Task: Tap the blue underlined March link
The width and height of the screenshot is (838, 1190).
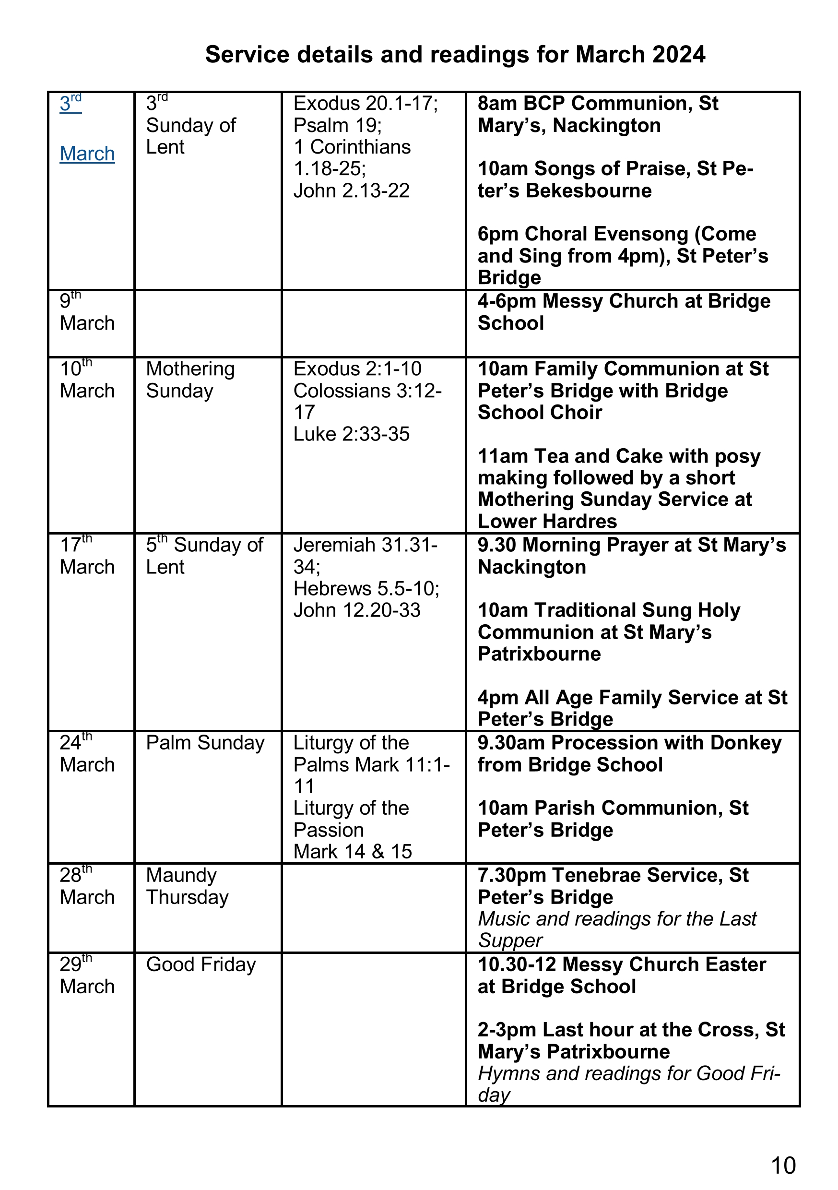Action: (87, 154)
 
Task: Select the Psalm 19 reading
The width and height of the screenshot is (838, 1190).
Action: (337, 125)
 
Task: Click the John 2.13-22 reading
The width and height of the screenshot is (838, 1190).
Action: (352, 190)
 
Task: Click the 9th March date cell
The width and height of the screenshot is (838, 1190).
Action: (87, 312)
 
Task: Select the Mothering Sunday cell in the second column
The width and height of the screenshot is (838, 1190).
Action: (190, 380)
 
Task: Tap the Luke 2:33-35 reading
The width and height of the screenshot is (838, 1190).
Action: (352, 434)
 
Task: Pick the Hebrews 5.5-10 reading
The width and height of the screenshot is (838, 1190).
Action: (366, 589)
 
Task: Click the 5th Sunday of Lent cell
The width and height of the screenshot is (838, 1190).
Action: (204, 556)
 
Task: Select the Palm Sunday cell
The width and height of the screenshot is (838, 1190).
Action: (205, 743)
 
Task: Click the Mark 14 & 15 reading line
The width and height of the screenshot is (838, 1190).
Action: (353, 852)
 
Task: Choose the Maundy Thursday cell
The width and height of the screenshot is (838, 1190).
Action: (187, 886)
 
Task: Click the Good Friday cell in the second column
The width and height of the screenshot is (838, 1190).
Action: (201, 964)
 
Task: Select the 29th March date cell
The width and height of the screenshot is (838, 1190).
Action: (87, 976)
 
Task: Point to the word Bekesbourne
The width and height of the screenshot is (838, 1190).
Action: (589, 190)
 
